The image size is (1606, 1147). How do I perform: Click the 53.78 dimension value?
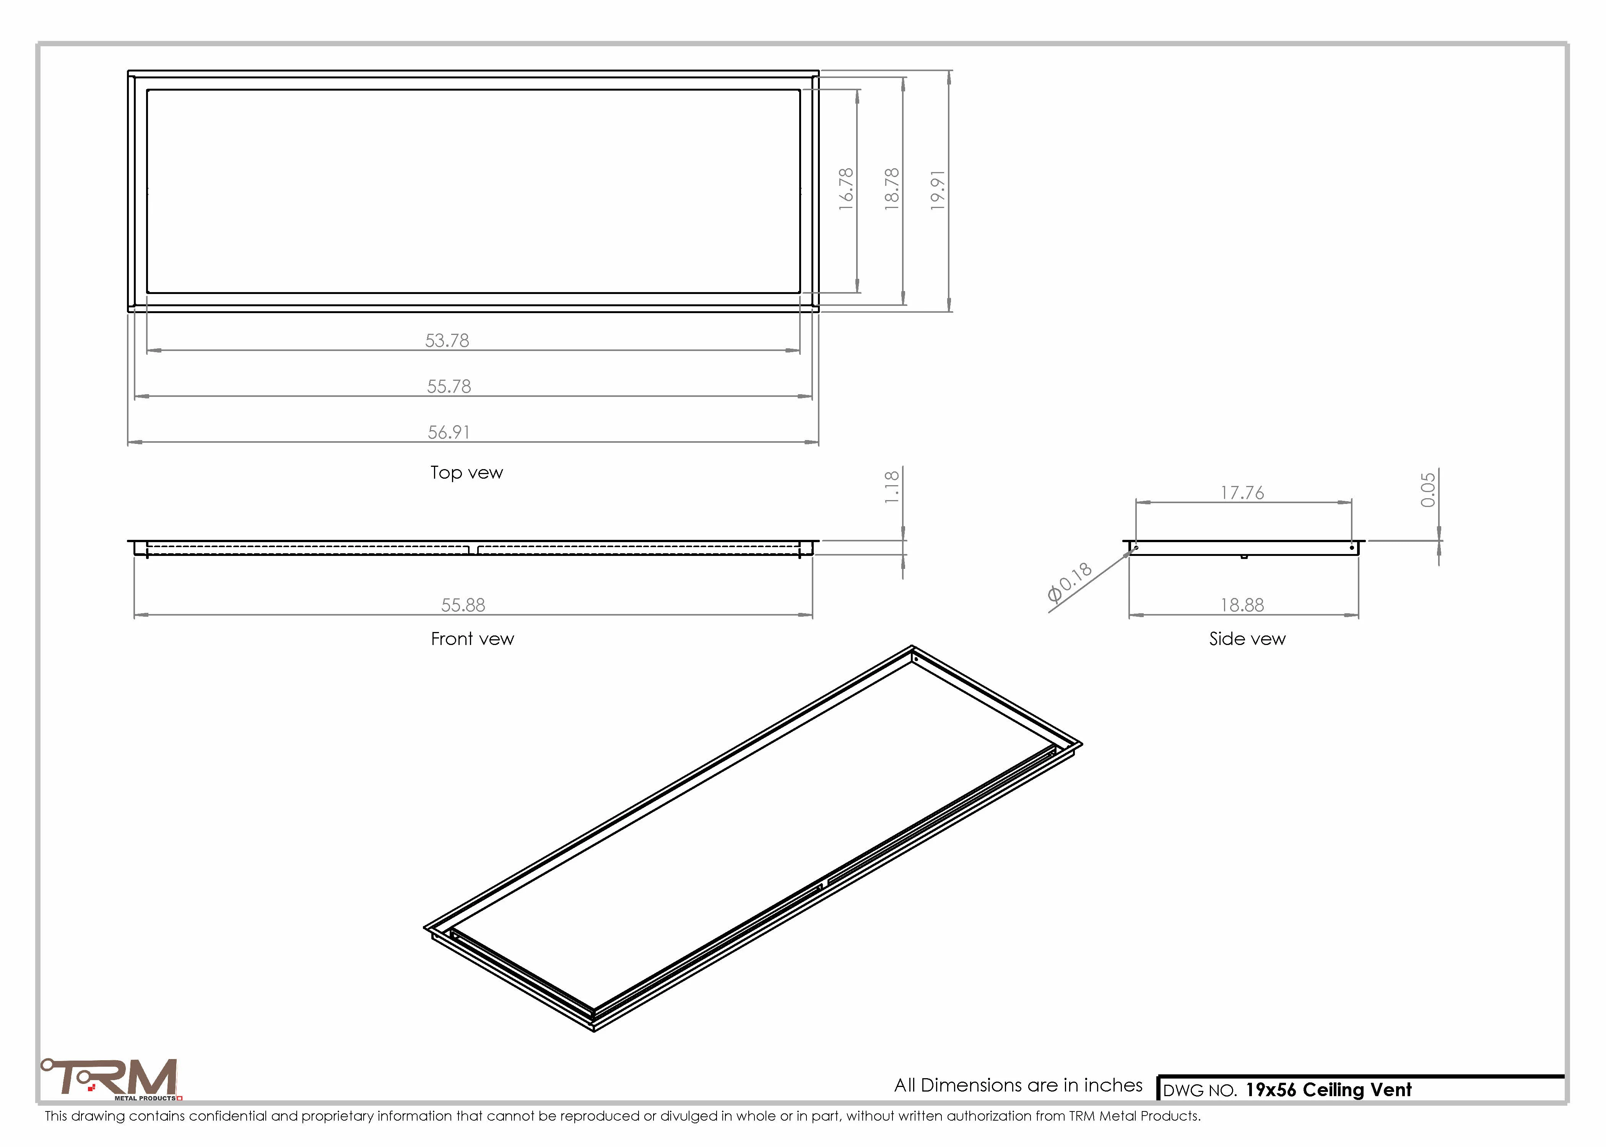(x=447, y=340)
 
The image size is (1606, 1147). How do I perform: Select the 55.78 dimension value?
(x=449, y=386)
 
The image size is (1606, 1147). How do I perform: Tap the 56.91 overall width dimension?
(x=449, y=432)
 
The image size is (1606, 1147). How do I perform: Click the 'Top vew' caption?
(x=467, y=473)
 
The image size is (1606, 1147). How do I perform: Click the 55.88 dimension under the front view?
(x=463, y=605)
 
